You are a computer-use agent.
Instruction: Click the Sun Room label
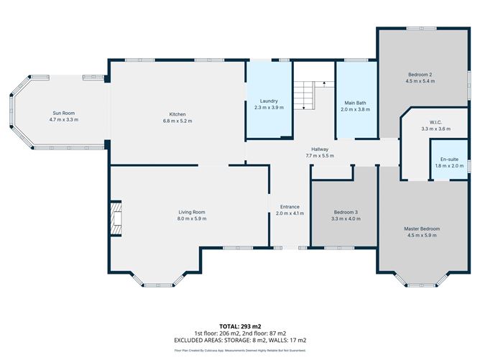click(x=63, y=113)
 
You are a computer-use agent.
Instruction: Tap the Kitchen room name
click(x=177, y=114)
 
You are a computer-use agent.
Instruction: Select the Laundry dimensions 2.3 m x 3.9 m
click(x=269, y=108)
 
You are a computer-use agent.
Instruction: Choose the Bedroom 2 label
click(x=420, y=75)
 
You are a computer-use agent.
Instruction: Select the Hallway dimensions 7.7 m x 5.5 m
click(x=320, y=156)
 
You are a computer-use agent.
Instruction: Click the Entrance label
click(x=290, y=207)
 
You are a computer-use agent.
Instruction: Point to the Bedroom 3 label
click(x=346, y=212)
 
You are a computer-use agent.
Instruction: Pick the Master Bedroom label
click(x=421, y=229)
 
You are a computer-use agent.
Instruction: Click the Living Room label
click(x=192, y=212)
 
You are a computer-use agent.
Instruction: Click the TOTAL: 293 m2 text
click(x=239, y=326)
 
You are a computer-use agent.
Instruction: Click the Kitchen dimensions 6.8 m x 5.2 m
click(x=177, y=121)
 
